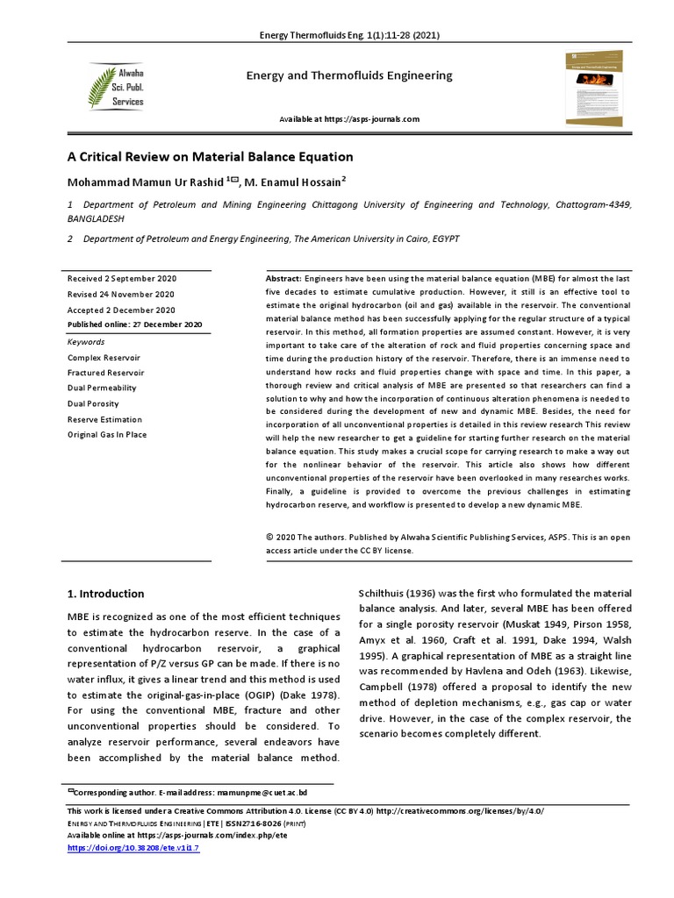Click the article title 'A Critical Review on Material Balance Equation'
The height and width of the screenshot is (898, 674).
(x=211, y=157)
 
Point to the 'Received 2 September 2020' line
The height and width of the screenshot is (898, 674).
(x=123, y=278)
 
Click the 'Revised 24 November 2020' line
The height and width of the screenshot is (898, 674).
(x=121, y=294)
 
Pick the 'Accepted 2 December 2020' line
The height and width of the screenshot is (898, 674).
(x=121, y=310)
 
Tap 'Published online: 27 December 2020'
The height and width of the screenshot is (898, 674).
(x=134, y=324)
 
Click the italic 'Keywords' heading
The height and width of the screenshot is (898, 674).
(x=86, y=342)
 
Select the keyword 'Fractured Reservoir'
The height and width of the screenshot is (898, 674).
(x=105, y=373)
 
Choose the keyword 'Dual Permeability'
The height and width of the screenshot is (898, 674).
(x=102, y=388)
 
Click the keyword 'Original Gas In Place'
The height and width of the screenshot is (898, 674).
(x=107, y=434)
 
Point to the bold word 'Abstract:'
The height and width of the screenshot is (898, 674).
(x=283, y=278)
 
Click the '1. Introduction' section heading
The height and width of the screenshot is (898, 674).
(x=106, y=594)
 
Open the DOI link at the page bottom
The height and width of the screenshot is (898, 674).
(x=133, y=849)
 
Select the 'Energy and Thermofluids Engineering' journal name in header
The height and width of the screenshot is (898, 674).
(x=348, y=75)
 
